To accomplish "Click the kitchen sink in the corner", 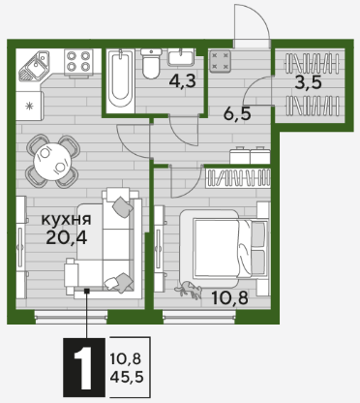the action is coord(34,66).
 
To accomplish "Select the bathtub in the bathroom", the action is coord(120,80).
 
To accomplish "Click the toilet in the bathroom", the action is coord(151,63).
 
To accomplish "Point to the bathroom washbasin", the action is coord(181,57).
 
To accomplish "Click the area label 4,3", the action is coord(182,81).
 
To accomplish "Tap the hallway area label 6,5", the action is coord(237,113).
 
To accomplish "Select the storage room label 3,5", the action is coord(309,83).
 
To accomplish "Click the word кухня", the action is coord(67,220).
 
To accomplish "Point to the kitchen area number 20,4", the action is coord(67,237).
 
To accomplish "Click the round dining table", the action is coord(52,161).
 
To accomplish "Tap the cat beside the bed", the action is coord(189,289).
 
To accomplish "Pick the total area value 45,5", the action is coord(127,377).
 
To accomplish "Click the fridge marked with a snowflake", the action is coord(29,106).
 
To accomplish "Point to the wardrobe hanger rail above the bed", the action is coord(238,178).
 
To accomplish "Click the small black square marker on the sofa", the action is coord(86,291).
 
